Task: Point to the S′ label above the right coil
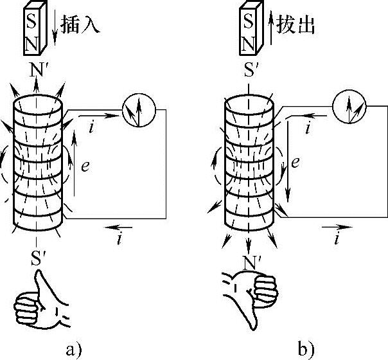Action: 249,68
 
